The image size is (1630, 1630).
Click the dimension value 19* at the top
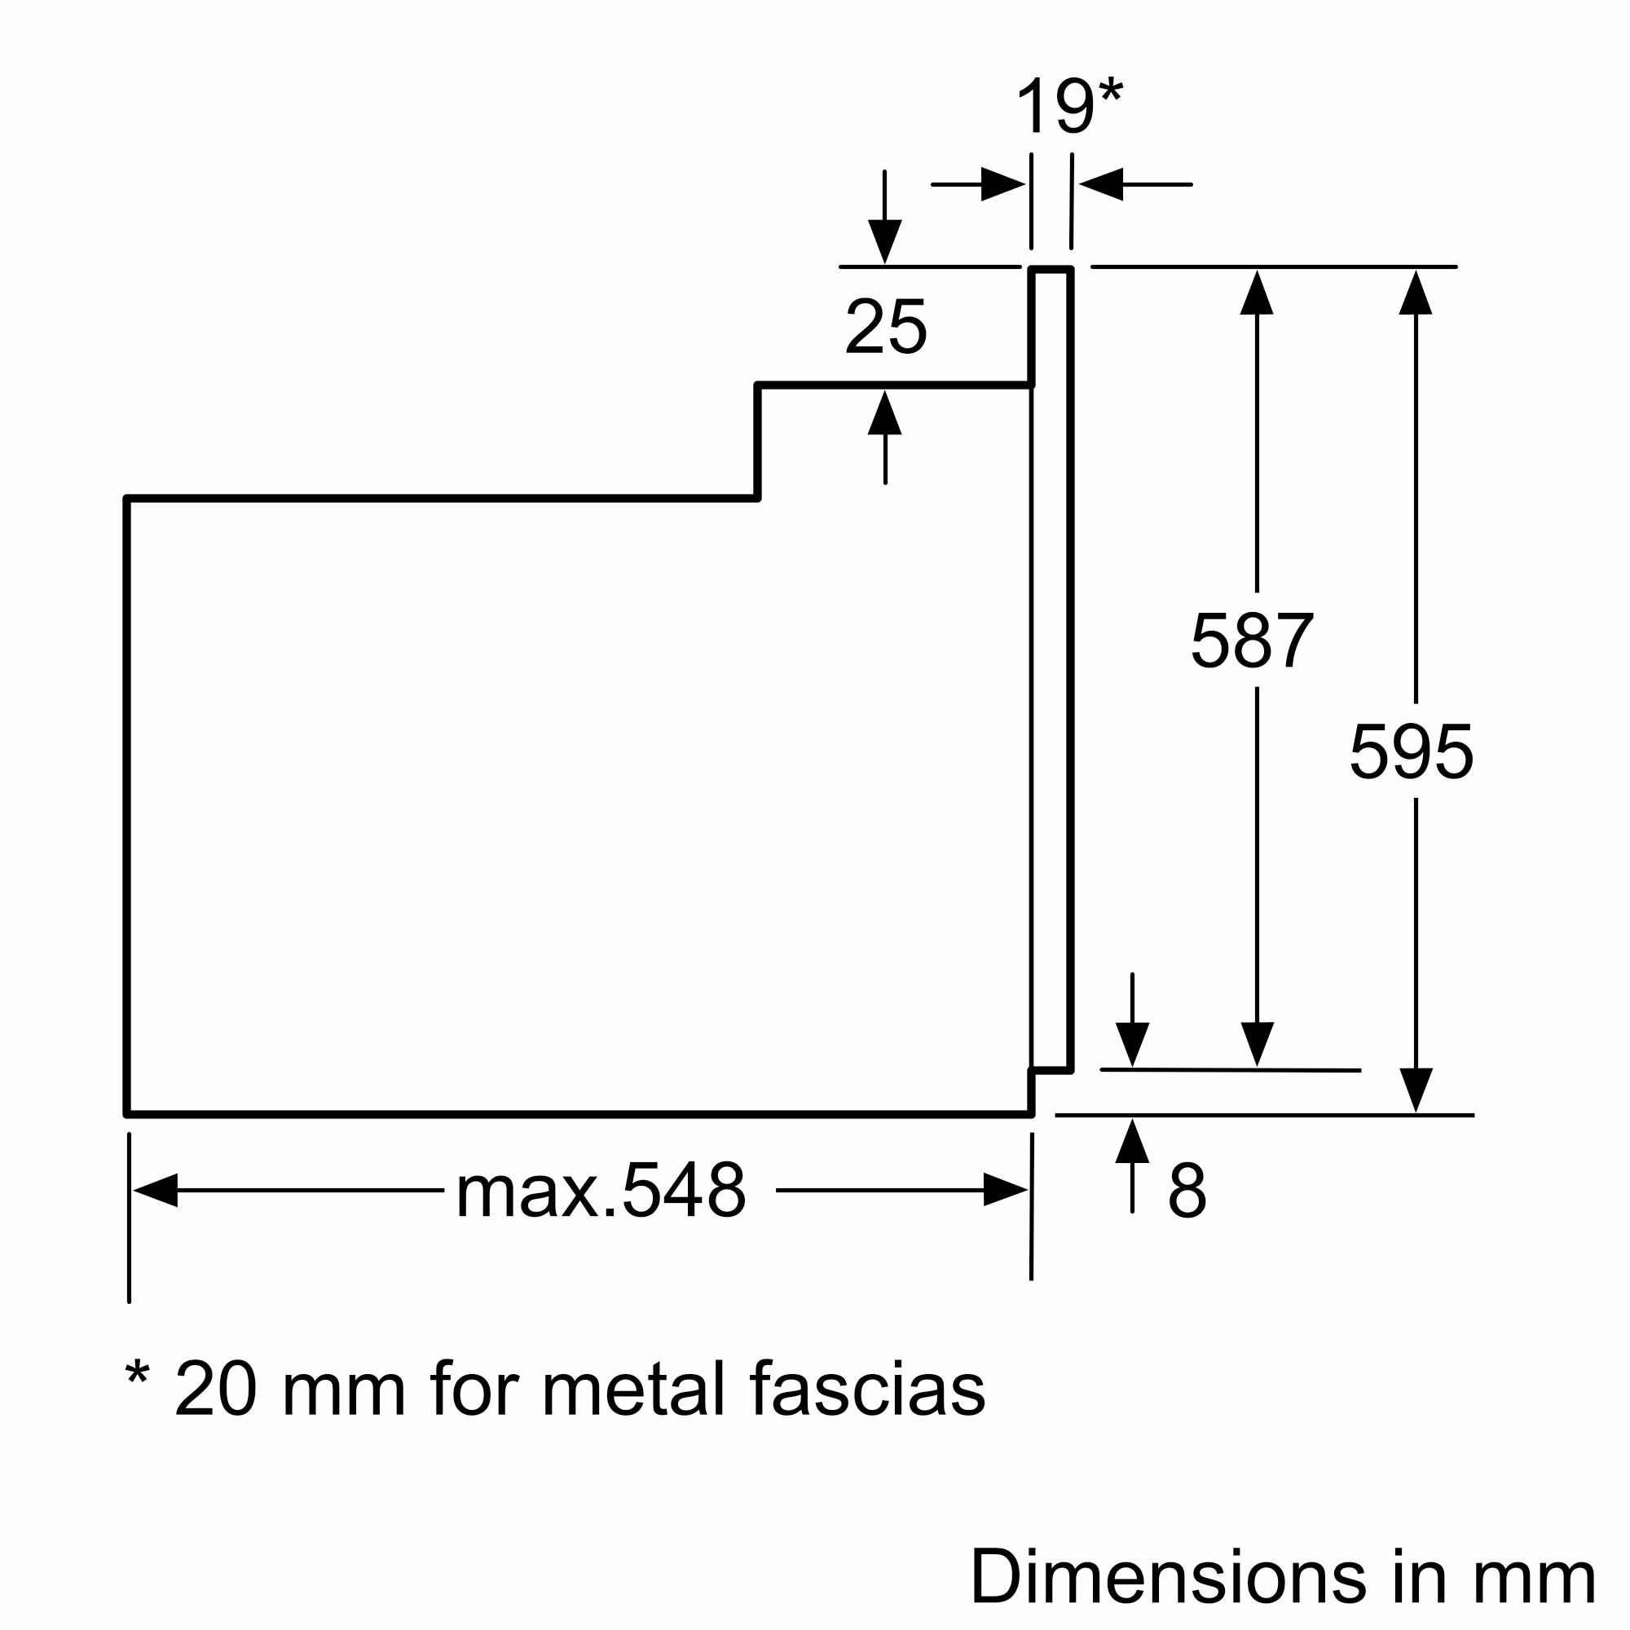coord(1068,106)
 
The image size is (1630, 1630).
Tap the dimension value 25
coord(886,327)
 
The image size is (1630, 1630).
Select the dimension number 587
coord(1252,641)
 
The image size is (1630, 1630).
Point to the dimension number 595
coord(1412,751)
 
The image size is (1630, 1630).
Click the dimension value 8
coord(1187,1191)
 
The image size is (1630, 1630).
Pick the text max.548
coord(601,1191)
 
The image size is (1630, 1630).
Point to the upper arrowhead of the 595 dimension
coord(1416,293)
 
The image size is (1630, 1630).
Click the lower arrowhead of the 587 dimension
coord(1257,1044)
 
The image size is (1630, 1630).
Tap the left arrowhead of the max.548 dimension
coord(156,1190)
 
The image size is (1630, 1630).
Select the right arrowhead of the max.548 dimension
coord(1005,1190)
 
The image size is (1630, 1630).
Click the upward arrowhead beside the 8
coord(1132,1142)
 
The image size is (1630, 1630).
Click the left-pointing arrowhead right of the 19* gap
coord(1102,184)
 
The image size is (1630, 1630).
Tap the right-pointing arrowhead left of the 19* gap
coord(1002,184)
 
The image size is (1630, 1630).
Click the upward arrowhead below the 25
coord(885,413)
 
